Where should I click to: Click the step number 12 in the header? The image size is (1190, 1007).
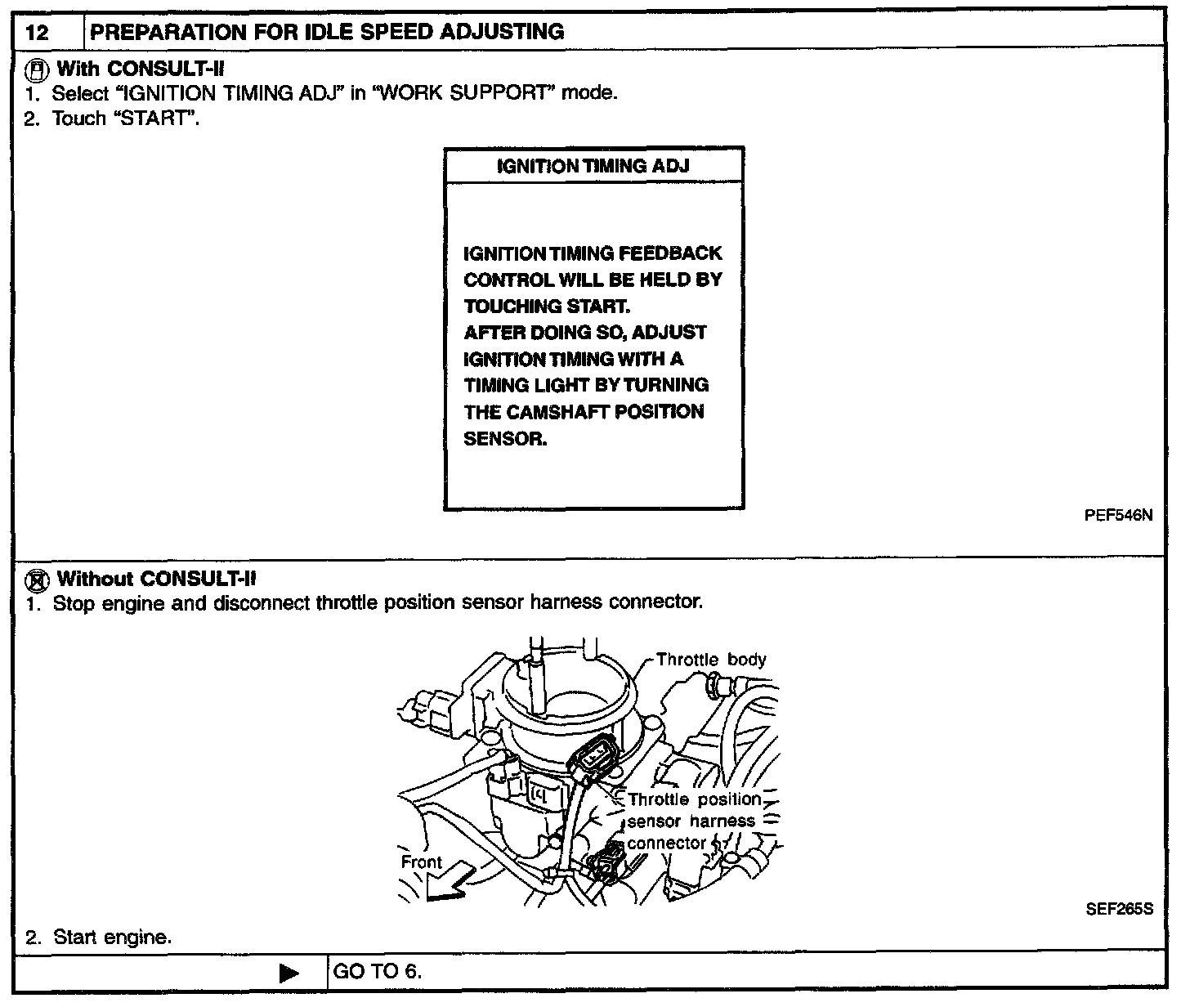(38, 33)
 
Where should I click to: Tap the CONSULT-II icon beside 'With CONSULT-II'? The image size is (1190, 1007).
(36, 69)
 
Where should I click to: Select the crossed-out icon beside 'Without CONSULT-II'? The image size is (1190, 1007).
(37, 580)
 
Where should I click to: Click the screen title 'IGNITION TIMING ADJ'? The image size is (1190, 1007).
(593, 166)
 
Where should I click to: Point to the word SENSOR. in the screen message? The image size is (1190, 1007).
(505, 438)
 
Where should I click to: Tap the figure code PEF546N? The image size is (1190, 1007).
(1118, 515)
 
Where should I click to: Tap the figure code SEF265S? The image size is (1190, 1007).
(1119, 909)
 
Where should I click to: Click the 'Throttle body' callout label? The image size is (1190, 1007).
(711, 660)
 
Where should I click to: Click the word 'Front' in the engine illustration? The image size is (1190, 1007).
(421, 862)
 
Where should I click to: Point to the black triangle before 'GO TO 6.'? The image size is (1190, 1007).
(289, 973)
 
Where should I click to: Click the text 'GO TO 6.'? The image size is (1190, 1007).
(378, 972)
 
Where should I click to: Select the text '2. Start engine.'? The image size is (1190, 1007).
(98, 938)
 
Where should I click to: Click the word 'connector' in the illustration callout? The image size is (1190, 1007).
(666, 843)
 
